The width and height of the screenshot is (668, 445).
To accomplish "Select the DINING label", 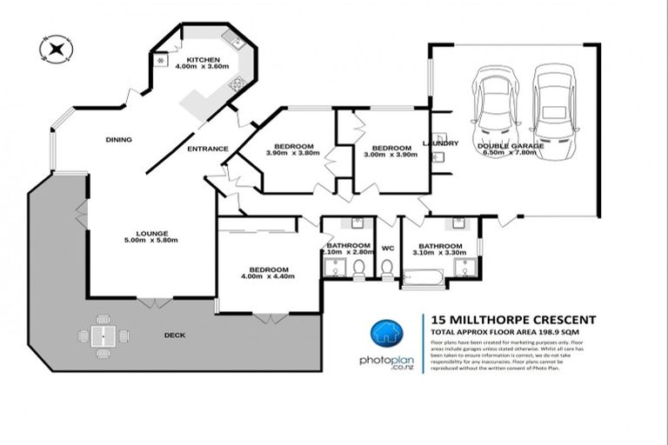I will coord(118,139).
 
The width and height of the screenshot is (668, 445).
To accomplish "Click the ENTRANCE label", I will coord(208,149).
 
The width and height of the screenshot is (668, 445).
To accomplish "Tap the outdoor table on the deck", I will coord(104,335).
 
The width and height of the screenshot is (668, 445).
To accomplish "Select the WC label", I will coord(388,248).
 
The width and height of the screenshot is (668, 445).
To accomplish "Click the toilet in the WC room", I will coord(387,268).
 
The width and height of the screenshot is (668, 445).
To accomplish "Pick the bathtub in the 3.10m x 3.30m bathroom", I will coord(423,277).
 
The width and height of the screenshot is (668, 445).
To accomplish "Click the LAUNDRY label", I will coord(439,143).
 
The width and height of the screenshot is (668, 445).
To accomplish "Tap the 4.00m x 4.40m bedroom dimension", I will coord(269,276).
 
